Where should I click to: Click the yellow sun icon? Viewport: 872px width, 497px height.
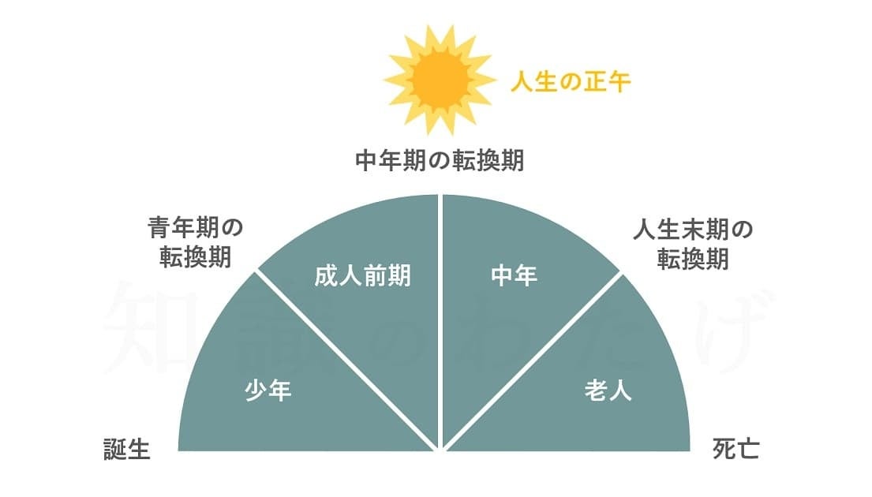(x=440, y=80)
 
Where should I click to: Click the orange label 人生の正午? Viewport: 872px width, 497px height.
(x=571, y=82)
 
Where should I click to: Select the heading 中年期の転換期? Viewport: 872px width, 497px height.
(x=440, y=161)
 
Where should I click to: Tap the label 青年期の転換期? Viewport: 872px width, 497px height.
(x=195, y=242)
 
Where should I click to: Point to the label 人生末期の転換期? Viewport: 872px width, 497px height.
(x=692, y=244)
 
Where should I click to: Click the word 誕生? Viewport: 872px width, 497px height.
(x=127, y=449)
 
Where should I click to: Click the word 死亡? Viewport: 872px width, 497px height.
(x=735, y=449)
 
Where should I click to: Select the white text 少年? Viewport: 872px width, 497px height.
(x=268, y=390)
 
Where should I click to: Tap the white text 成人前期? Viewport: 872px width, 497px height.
(x=362, y=276)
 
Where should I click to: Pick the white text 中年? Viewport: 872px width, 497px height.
(x=514, y=276)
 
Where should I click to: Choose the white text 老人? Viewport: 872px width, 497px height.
(x=608, y=390)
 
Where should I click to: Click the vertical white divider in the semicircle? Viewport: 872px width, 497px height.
(x=440, y=321)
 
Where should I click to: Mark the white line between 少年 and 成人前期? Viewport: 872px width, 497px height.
(x=346, y=361)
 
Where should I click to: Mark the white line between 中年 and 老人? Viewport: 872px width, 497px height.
(x=533, y=361)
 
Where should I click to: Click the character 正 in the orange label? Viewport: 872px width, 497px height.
(x=594, y=82)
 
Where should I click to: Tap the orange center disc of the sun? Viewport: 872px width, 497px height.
(x=440, y=80)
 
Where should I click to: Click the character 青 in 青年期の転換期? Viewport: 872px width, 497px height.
(x=159, y=228)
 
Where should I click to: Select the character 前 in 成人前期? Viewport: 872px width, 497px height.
(x=375, y=276)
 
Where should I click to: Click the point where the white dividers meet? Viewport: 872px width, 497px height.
(x=440, y=449)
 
